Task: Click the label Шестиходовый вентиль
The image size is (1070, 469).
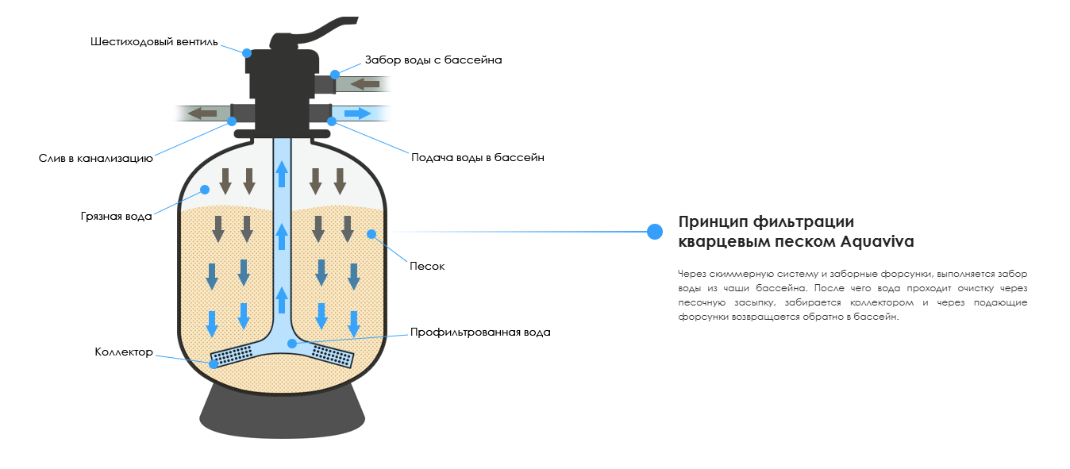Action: click(153, 42)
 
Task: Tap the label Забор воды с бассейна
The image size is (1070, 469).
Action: click(433, 60)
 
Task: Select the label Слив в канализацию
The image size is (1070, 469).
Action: click(95, 159)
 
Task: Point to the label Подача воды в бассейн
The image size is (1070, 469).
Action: click(477, 157)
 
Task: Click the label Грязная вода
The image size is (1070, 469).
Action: click(116, 216)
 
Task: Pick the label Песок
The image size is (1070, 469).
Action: click(426, 266)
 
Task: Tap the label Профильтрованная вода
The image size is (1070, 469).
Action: click(479, 332)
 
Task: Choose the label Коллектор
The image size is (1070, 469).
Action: click(123, 352)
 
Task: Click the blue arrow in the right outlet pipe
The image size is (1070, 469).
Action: click(357, 113)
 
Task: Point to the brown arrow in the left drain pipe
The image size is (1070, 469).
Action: click(202, 113)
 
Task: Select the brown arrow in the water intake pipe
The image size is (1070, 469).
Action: click(364, 83)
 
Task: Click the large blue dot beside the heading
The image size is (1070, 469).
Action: click(655, 232)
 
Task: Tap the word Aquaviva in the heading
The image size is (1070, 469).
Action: click(882, 241)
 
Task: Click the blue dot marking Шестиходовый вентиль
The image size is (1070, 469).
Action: click(247, 53)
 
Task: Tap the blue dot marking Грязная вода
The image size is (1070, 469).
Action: click(204, 190)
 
